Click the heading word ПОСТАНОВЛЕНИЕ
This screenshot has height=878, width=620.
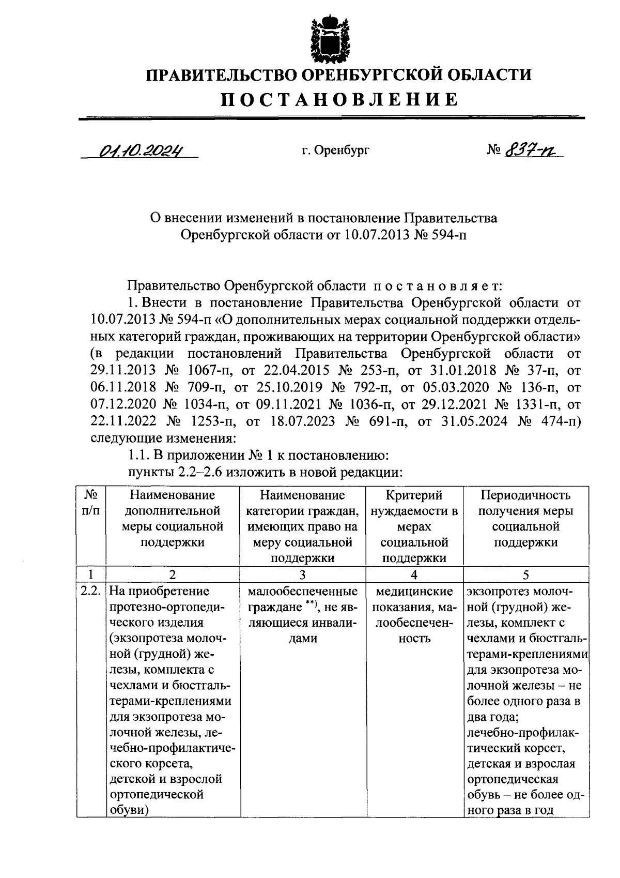[339, 99]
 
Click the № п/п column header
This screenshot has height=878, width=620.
[91, 503]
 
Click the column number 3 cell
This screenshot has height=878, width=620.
[302, 575]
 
